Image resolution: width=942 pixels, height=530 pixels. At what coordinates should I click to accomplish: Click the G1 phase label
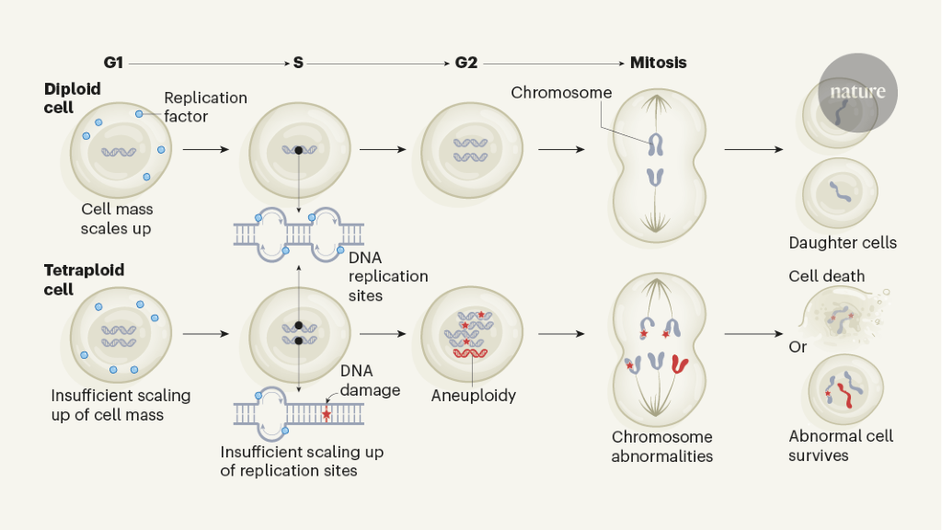(113, 63)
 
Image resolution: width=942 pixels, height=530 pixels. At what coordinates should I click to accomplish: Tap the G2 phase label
(466, 63)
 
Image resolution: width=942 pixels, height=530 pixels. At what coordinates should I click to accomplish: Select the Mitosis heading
(658, 63)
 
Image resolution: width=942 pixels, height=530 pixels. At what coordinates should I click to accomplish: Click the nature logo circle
(857, 92)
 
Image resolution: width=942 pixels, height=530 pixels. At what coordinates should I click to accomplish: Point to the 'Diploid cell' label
(73, 98)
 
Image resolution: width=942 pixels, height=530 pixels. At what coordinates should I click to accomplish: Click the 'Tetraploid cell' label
(84, 279)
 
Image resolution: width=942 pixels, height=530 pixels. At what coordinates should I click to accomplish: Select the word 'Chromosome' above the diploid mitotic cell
(561, 92)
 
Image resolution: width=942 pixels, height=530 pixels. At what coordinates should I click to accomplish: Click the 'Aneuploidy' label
(473, 396)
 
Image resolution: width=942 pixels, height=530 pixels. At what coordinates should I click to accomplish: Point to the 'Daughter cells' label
(843, 243)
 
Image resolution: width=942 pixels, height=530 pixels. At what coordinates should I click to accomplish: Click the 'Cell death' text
(826, 276)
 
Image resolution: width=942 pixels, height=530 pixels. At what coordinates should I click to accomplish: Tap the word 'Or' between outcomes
(798, 347)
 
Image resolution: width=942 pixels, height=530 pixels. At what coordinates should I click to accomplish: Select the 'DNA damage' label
(370, 380)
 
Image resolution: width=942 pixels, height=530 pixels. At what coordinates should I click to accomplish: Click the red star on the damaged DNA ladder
(326, 415)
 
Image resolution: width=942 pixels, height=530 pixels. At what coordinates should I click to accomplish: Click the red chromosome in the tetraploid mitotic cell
(681, 363)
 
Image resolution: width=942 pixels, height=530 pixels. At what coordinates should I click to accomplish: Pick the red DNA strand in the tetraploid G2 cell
(473, 352)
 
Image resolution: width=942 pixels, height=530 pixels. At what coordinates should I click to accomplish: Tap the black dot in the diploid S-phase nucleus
(298, 149)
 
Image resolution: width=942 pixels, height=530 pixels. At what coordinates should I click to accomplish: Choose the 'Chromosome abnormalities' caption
(662, 446)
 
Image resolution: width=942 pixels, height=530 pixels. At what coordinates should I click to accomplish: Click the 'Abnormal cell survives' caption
(841, 445)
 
